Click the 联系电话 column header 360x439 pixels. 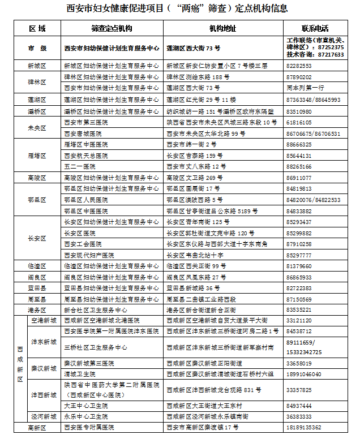coord(315,28)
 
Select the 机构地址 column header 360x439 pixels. coord(223,28)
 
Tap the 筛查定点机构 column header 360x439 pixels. coord(112,28)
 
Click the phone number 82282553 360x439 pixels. coord(299,66)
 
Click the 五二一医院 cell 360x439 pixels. coord(79,167)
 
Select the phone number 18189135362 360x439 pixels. coord(305,428)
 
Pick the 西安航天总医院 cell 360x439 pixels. coord(86,156)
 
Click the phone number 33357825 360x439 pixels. coord(299,390)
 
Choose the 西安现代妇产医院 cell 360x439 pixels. coord(89,255)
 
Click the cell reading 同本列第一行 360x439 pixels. coord(305,88)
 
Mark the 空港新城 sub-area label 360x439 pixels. coord(44,321)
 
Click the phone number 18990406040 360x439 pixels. coord(305,374)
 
